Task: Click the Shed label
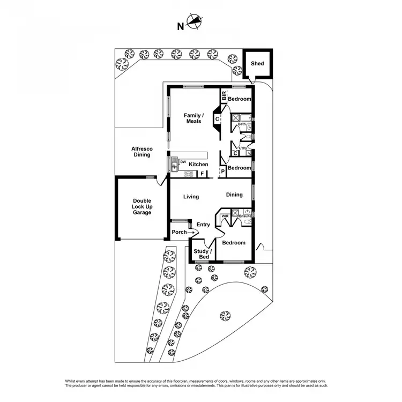258,63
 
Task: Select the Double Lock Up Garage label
143,206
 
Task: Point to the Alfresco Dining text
142,152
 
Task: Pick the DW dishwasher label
183,162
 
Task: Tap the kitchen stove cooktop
188,174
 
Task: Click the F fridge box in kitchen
202,174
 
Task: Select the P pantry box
222,172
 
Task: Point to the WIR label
225,216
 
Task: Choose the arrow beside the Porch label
191,232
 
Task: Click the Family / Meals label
193,118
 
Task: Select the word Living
191,197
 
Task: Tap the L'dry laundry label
242,148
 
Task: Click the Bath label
242,124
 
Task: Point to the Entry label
203,225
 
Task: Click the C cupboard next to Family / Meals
218,119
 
